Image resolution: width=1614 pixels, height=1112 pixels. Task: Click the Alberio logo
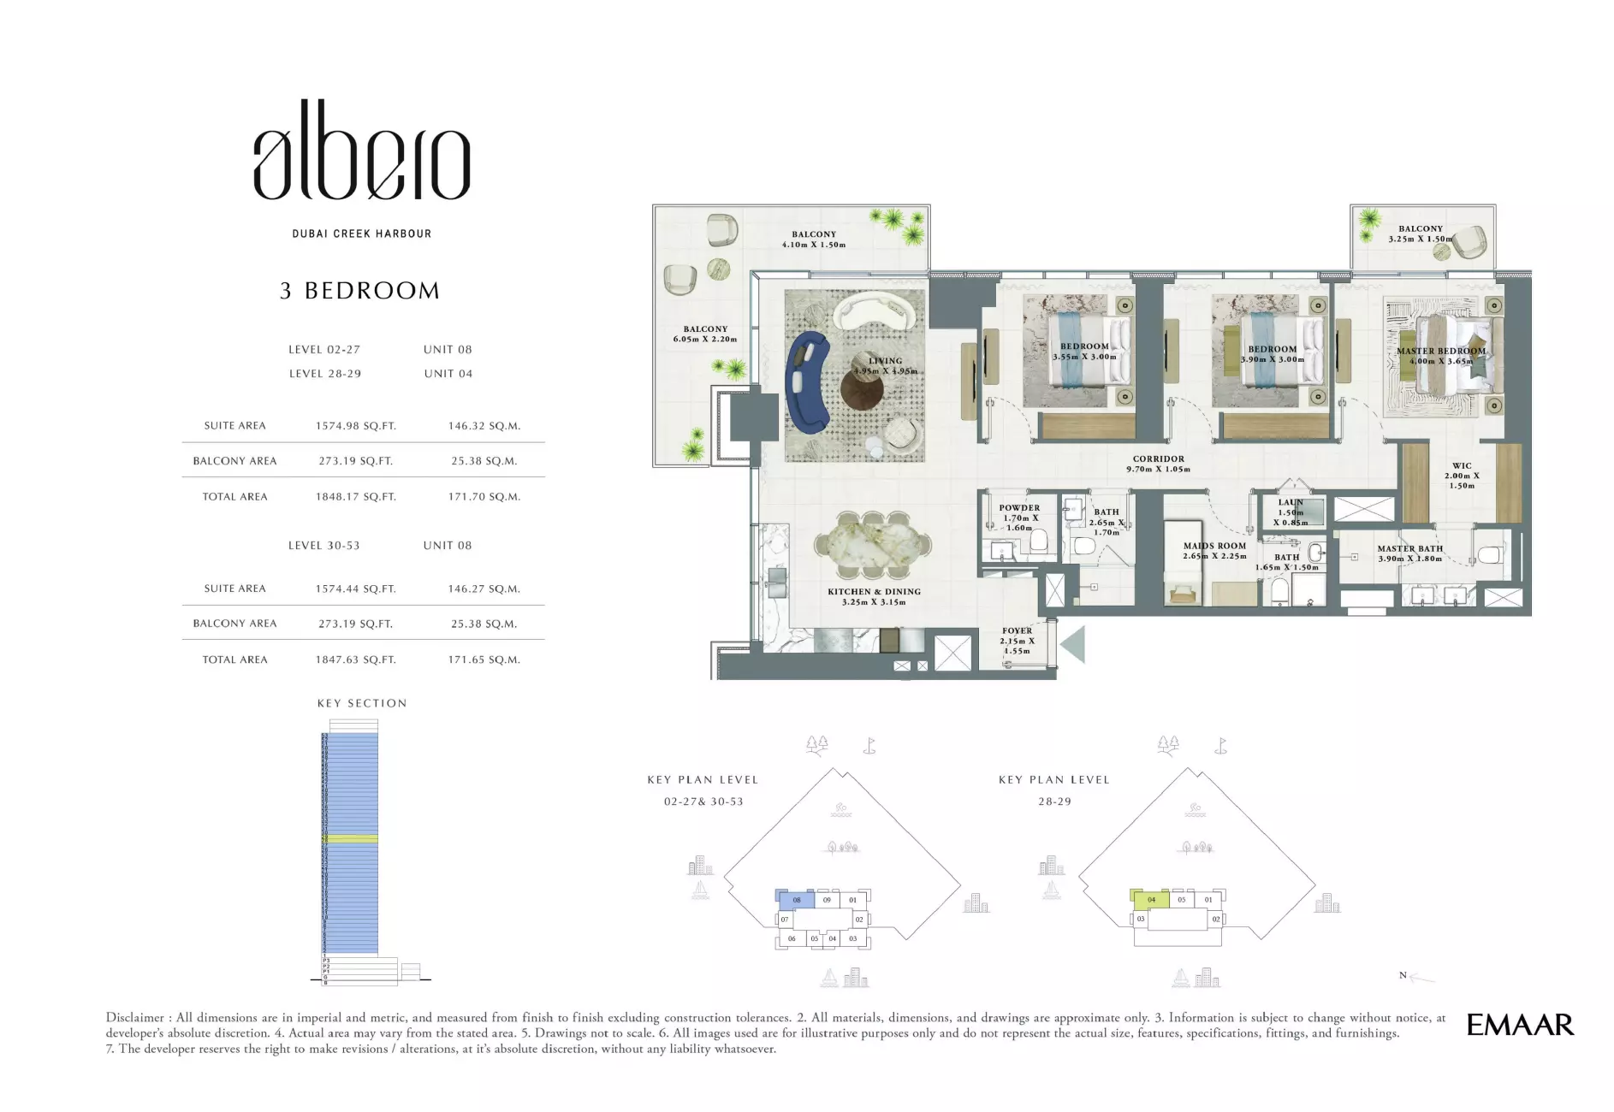click(361, 152)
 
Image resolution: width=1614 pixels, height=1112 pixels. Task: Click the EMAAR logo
click(1520, 1025)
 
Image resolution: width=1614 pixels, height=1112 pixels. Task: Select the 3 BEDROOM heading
click(359, 291)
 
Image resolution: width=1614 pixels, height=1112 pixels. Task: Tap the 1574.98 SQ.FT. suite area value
click(355, 426)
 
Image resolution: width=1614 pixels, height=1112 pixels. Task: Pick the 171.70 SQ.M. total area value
click(484, 497)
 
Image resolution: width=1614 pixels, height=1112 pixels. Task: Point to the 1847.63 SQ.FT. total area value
click(355, 660)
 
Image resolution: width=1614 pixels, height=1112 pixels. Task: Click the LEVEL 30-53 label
click(323, 546)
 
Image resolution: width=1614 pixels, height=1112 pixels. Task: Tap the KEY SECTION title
click(362, 703)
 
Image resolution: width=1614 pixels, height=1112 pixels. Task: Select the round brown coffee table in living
click(861, 390)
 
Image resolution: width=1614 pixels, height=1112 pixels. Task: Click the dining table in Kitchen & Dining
click(873, 544)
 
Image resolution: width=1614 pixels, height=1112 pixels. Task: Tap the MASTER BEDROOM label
click(1441, 352)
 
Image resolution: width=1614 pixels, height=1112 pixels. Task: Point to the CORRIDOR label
click(1159, 459)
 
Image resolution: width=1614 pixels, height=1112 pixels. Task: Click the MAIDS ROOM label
click(1214, 546)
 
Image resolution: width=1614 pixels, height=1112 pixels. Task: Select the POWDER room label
click(1019, 508)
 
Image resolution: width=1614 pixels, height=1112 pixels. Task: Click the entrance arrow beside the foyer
click(1074, 643)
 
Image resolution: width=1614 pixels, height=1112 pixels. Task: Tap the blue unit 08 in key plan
click(797, 900)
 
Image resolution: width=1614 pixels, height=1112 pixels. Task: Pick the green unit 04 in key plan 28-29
click(1151, 899)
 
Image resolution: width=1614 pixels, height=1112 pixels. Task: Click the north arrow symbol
click(1419, 977)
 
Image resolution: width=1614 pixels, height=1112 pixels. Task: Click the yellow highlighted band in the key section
click(350, 839)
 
